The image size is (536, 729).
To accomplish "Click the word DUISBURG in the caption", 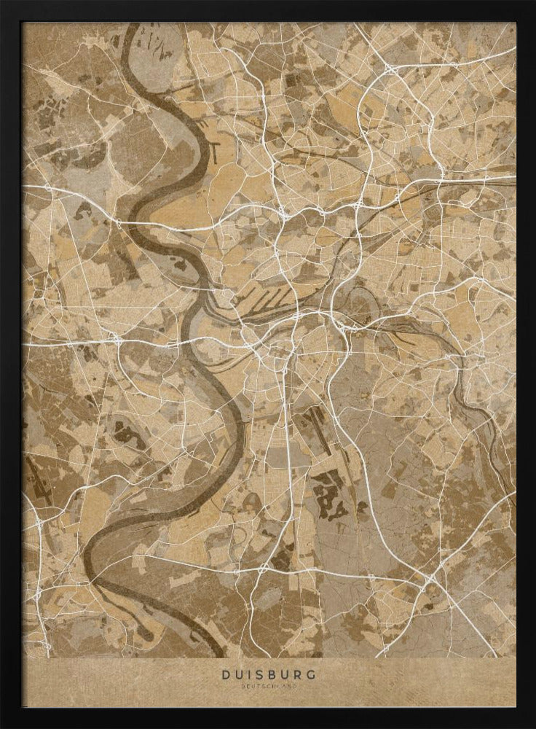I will click(269, 674).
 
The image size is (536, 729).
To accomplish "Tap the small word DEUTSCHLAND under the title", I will click(269, 686).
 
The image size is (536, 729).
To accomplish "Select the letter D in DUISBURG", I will click(226, 674).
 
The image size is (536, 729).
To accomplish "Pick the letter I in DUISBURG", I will click(249, 674).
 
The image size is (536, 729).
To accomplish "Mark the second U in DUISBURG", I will click(284, 674).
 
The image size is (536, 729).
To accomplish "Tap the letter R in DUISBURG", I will click(297, 674).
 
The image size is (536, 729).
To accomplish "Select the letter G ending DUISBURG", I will click(311, 674).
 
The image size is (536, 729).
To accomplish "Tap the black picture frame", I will click(10, 364).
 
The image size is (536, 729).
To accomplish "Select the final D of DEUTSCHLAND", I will click(295, 686).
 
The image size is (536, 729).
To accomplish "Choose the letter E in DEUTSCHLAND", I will click(247, 686).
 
